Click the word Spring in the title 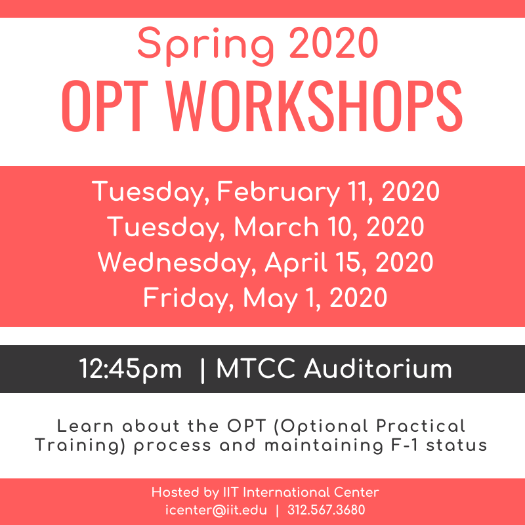tap(205, 46)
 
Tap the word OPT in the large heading tap(105, 106)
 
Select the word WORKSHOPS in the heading tap(314, 106)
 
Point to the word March tap(276, 226)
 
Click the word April tap(296, 264)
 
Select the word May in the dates tap(270, 299)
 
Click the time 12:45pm tap(130, 369)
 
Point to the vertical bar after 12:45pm tap(202, 370)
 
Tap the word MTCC tap(256, 369)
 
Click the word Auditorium tap(378, 369)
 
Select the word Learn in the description tap(85, 426)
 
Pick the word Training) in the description tap(80, 446)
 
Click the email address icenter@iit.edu tap(216, 511)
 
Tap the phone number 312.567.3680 tap(326, 510)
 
